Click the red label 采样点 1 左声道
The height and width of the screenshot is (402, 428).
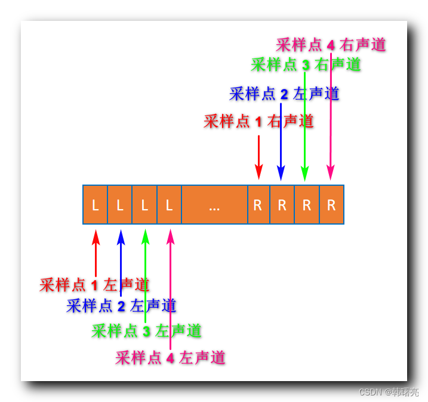coord(94,285)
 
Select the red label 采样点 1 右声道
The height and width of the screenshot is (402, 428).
coord(258,122)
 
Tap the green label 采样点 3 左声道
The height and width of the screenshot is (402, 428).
coord(146,330)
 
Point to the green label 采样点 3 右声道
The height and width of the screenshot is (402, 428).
coord(306,65)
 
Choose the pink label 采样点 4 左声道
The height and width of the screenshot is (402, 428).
coord(171,358)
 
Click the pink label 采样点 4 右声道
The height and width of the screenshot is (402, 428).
coord(331,45)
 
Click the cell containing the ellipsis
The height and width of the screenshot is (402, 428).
coord(214,205)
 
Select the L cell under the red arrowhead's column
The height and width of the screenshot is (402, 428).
coord(96,205)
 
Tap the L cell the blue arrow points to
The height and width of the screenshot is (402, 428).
coord(120,205)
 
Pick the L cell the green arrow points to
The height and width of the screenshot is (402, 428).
coord(144,205)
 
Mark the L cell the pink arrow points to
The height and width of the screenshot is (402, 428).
coord(170,205)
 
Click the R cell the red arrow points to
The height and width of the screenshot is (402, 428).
coord(258,205)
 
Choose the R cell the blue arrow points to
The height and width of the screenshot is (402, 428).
coord(282,205)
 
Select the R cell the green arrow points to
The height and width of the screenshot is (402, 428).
coord(307,205)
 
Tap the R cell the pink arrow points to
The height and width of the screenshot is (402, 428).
coord(331,205)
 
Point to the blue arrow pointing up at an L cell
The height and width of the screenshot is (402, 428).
coord(121,263)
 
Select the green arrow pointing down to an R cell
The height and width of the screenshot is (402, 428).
coord(304,131)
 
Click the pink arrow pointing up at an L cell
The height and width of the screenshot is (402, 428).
coord(171,287)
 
